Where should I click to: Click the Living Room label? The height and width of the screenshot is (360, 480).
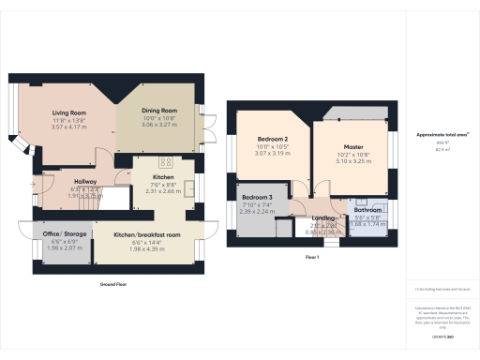68,112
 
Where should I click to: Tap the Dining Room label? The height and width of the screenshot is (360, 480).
159,111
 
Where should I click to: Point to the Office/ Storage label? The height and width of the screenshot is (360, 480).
64,234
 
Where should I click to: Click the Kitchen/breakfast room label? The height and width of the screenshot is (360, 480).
147,234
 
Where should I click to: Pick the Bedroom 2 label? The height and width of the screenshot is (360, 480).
272,139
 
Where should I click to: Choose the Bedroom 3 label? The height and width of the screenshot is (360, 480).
256,199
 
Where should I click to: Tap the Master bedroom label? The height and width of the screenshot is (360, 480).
352,147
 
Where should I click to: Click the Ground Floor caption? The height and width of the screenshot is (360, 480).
113,283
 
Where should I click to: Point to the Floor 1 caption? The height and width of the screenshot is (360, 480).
312,257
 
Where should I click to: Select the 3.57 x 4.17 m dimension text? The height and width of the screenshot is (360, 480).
68,127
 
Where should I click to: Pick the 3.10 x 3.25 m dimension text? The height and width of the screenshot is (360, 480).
352,161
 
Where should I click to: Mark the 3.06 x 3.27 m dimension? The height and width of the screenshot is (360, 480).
159,125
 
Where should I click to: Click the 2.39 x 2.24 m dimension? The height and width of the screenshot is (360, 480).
256,212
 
